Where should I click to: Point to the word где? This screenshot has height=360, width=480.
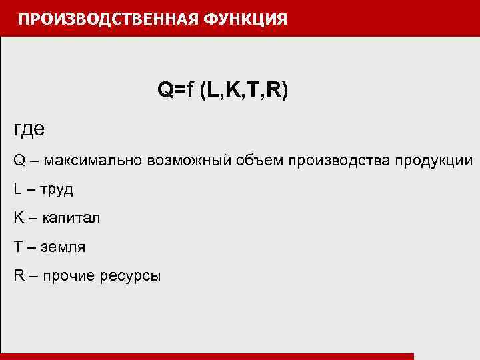click(29, 129)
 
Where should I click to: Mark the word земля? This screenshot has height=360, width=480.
click(63, 247)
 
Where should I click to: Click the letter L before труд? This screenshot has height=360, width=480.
click(17, 189)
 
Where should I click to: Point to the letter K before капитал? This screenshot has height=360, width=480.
click(18, 218)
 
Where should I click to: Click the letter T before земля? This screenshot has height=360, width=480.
click(17, 247)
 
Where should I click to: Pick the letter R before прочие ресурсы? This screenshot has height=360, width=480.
click(18, 275)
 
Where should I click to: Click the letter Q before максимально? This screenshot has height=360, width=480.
click(19, 161)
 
